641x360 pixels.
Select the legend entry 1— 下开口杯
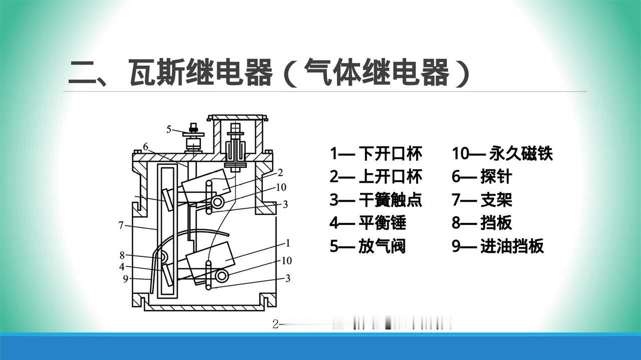tap(376, 153)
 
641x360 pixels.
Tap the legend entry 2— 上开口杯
tap(376, 177)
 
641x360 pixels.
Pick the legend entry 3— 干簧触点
tap(376, 200)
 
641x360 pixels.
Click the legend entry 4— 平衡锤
tap(368, 223)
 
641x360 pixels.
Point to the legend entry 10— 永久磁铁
tap(502, 153)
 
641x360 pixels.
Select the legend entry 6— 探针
tap(482, 177)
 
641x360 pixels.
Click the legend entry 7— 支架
tap(482, 200)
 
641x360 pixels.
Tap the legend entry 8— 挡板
tap(482, 223)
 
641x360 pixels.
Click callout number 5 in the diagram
tap(169, 129)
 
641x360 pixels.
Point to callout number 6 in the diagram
tap(145, 147)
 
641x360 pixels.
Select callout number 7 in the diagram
tap(121, 225)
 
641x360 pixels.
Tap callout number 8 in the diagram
tap(122, 254)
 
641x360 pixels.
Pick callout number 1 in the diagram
tap(288, 243)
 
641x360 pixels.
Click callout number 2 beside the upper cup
tap(280, 173)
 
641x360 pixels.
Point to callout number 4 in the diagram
tap(122, 267)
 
